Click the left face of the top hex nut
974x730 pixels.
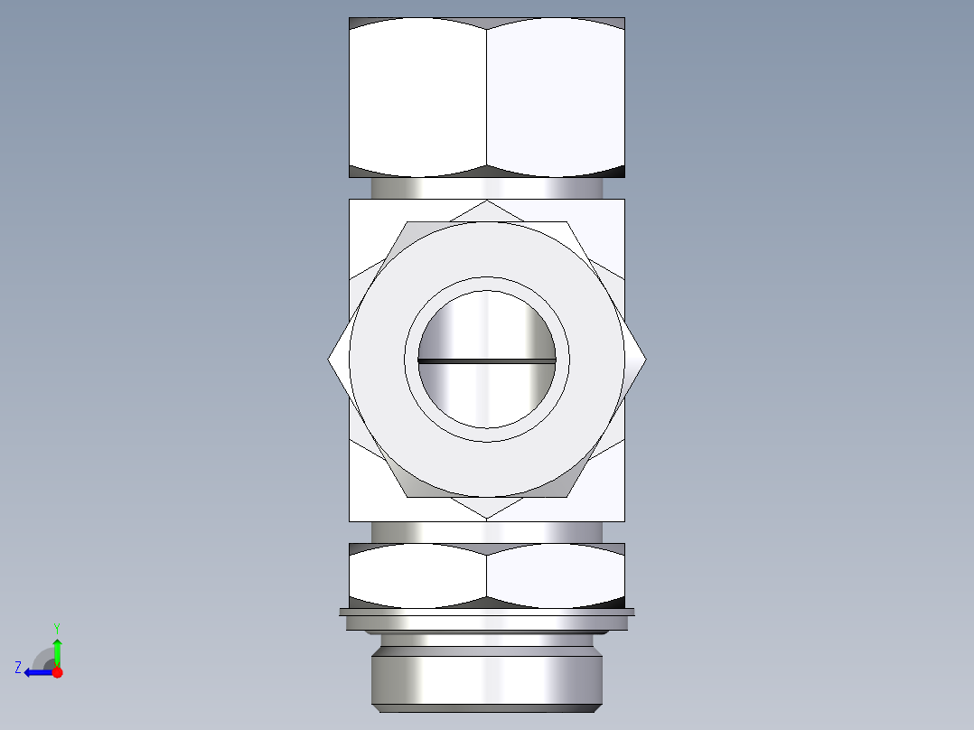point(417,98)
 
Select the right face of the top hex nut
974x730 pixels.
point(556,98)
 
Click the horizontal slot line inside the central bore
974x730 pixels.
point(486,360)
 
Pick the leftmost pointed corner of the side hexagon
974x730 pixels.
point(329,359)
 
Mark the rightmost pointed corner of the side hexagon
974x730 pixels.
point(645,359)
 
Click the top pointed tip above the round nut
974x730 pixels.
point(486,202)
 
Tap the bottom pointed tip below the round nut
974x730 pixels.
point(486,517)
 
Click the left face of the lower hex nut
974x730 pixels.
point(417,576)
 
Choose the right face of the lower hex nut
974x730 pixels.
point(556,576)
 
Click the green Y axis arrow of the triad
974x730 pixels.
point(57,649)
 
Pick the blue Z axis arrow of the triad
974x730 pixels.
point(34,672)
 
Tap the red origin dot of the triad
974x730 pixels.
point(57,672)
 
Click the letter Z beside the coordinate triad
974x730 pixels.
point(18,668)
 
